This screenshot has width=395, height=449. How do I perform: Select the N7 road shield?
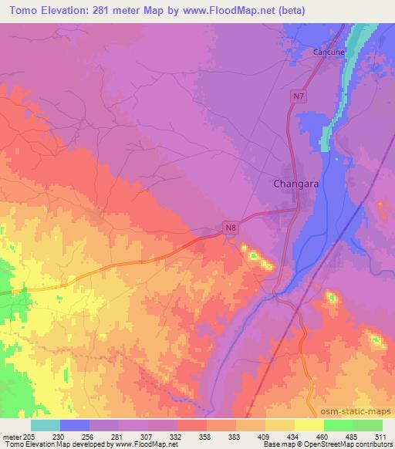tap(299, 96)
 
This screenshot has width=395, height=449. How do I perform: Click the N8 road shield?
tap(229, 227)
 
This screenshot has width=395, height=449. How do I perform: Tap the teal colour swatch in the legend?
tap(46, 425)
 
